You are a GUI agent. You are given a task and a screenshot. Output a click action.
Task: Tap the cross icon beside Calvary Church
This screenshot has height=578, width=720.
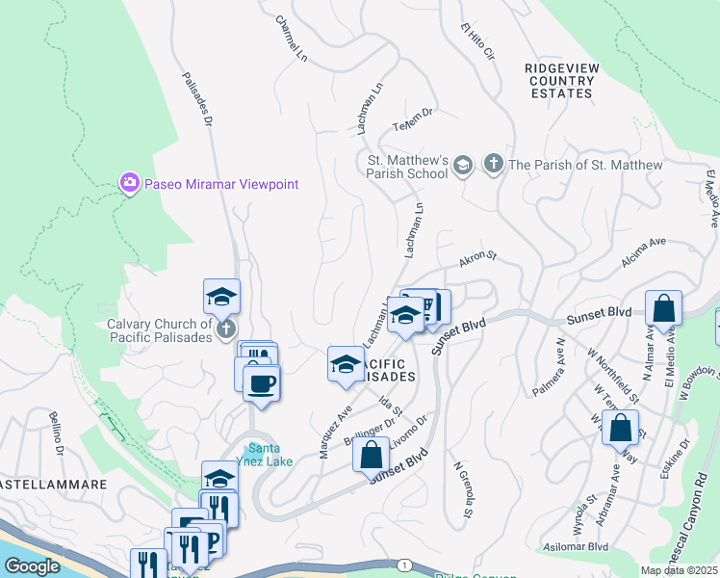coord(226,330)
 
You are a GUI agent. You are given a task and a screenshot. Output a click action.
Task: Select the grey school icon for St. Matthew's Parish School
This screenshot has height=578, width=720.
coord(463,165)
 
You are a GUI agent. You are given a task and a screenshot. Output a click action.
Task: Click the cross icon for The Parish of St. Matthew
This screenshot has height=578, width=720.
coord(494,165)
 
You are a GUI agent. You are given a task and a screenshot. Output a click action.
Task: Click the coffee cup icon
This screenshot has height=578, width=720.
coord(261,384)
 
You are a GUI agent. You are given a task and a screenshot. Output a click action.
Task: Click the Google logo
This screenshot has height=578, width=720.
coord(32,565)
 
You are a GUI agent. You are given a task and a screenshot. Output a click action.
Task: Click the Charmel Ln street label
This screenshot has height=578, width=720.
coord(290,39)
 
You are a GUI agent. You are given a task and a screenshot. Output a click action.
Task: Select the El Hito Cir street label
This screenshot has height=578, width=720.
coord(476,43)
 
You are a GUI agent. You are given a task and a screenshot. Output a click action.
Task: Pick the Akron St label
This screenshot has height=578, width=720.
coord(476,258)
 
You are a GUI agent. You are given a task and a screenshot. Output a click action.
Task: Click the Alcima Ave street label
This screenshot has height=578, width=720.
coord(645,257)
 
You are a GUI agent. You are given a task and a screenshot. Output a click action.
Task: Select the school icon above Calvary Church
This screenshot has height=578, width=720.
coord(221,297)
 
